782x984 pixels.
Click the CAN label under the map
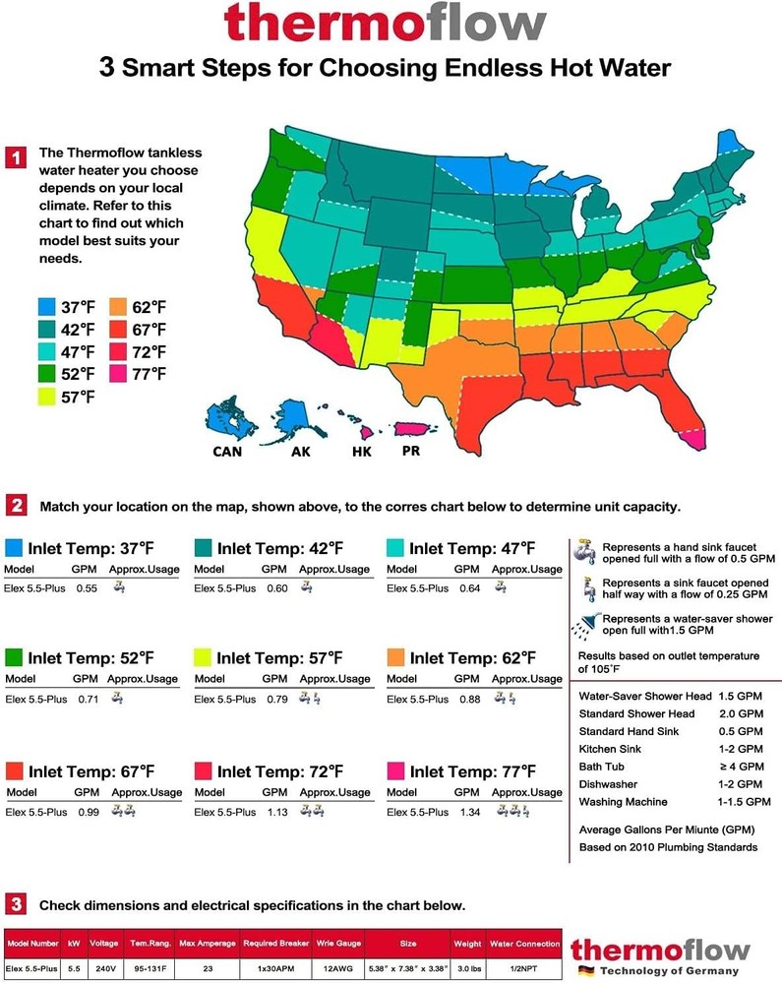(228, 452)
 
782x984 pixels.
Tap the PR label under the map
(411, 451)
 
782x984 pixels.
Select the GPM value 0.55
(88, 588)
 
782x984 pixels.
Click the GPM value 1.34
(468, 812)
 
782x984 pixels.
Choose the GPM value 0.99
(88, 812)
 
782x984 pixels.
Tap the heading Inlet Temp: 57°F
(279, 657)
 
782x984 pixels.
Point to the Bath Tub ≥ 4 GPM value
(739, 767)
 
